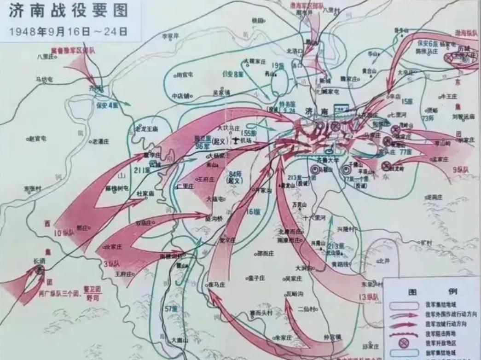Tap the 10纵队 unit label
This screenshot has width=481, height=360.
(64, 233)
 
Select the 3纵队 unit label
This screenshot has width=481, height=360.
(111, 264)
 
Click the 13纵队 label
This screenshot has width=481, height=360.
(368, 297)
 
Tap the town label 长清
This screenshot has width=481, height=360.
(39, 261)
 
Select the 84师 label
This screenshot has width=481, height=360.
(235, 174)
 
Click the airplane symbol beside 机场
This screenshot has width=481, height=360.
(238, 139)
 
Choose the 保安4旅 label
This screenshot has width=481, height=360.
(107, 105)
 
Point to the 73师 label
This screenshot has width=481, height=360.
(429, 118)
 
